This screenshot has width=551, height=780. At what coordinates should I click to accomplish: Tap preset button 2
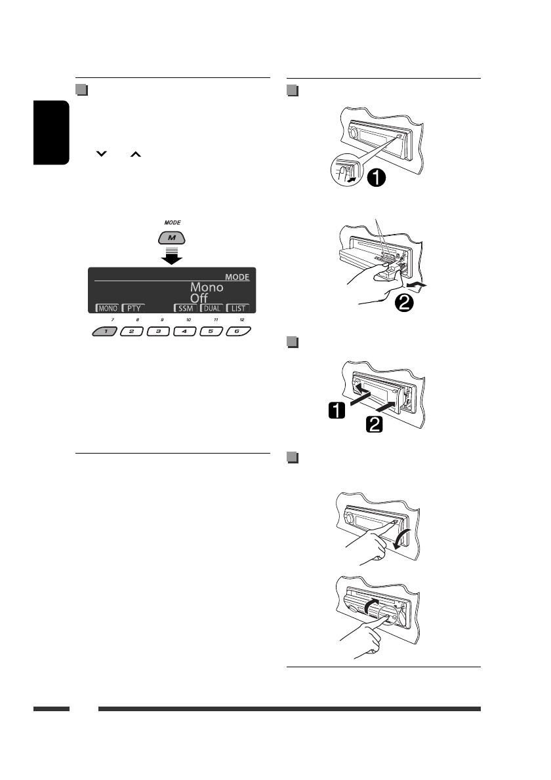[131, 332]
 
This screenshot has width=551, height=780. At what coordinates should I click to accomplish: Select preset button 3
[158, 332]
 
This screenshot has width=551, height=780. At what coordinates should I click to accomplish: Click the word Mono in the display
[207, 287]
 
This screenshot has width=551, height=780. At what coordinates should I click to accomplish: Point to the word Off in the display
[199, 298]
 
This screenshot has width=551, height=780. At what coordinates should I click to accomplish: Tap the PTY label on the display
[133, 307]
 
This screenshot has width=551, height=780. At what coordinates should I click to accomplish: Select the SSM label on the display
[185, 307]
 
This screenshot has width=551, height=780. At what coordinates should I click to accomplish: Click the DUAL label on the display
[212, 307]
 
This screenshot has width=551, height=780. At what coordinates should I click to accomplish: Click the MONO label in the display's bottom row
[108, 307]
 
